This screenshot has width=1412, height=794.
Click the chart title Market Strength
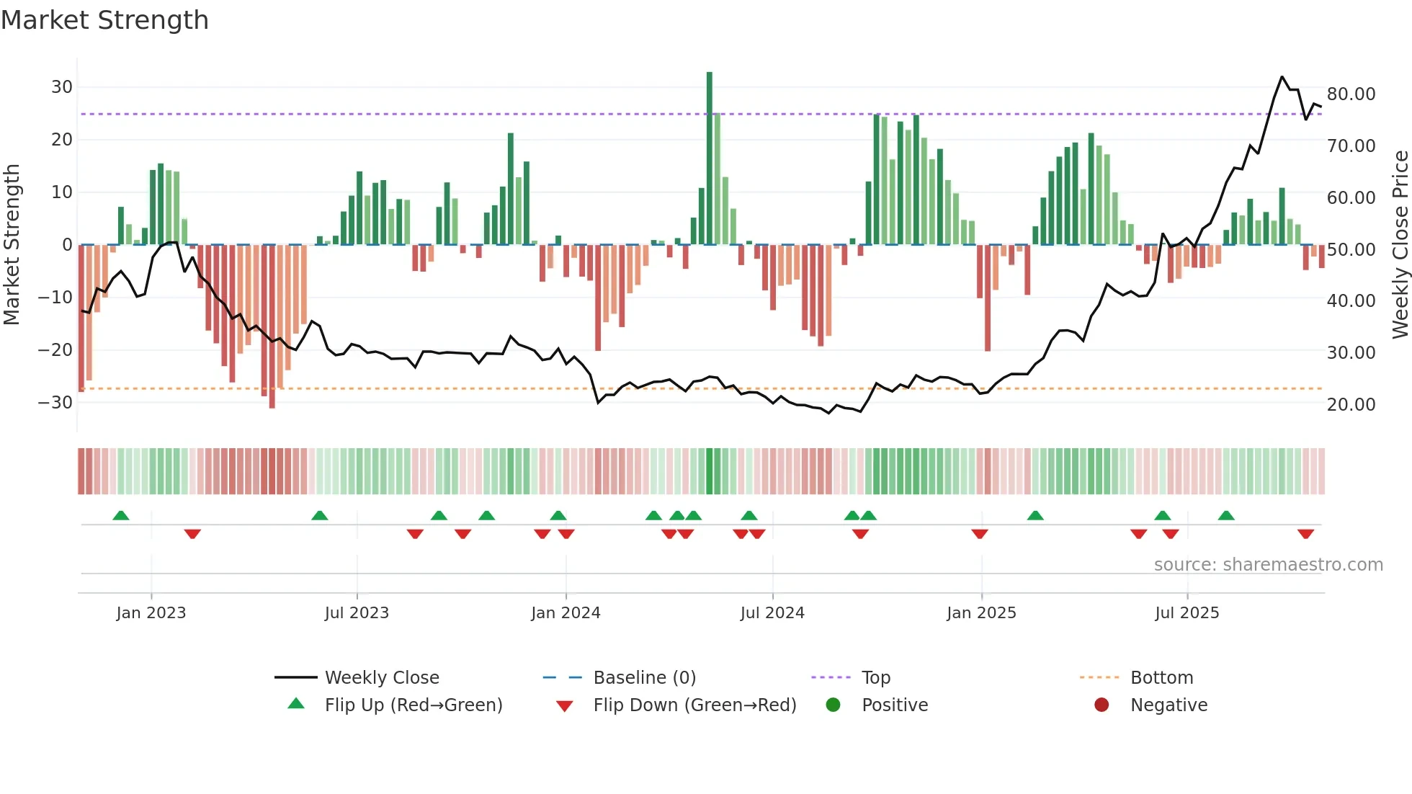click(x=104, y=20)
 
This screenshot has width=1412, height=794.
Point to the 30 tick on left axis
click(x=62, y=87)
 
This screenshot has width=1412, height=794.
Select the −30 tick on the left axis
click(x=55, y=402)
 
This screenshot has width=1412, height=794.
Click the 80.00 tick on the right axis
click(x=1351, y=94)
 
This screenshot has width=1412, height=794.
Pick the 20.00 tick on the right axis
click(x=1351, y=404)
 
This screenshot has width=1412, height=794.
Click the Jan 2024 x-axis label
click(x=566, y=613)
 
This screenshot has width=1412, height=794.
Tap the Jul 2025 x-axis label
click(x=1187, y=613)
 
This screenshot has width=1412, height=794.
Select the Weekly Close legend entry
click(x=382, y=678)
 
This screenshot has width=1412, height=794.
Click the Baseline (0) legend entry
click(x=644, y=678)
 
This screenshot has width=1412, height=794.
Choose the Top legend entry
click(x=876, y=678)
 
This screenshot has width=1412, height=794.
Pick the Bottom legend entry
click(x=1161, y=678)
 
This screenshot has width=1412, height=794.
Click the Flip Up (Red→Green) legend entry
click(x=414, y=705)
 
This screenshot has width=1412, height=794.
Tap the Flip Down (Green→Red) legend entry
click(x=694, y=705)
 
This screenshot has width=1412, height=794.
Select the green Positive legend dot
click(x=834, y=705)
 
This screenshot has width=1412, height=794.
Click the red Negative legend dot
click(x=1102, y=705)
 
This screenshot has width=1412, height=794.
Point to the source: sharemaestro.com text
click(x=1268, y=565)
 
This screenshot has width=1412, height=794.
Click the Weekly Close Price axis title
click(x=1400, y=245)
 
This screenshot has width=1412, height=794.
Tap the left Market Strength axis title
click(x=12, y=245)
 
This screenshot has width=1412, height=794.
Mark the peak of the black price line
click(x=1282, y=76)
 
